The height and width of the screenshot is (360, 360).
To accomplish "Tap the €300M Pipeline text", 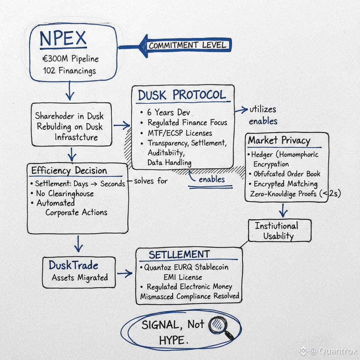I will [71, 58].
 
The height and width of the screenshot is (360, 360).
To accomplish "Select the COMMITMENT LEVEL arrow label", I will [187, 45].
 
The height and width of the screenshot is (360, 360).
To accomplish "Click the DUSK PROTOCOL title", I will [182, 95].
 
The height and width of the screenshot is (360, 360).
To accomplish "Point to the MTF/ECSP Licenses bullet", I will [180, 133].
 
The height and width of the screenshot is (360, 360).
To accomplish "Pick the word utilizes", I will [263, 109].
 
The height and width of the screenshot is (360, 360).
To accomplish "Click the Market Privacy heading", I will [279, 140].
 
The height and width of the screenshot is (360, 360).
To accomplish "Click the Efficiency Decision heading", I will [69, 171].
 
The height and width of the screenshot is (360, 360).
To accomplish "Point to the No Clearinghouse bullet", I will [65, 193].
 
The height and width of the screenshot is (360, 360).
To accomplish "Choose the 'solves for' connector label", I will [151, 181].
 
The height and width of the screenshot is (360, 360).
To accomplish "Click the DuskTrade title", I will [73, 265].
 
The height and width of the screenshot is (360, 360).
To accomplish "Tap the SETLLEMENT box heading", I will [179, 255].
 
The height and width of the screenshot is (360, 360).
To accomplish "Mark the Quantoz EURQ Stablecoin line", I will [186, 267].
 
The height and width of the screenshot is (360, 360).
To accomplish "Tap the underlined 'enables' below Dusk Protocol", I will [212, 180].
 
